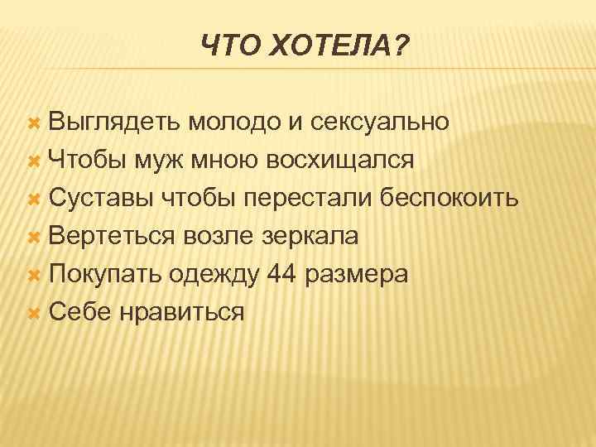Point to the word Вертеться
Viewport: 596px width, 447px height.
pyautogui.click(x=111, y=236)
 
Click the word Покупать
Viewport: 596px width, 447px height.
pyautogui.click(x=104, y=274)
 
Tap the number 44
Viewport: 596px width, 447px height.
pyautogui.click(x=282, y=274)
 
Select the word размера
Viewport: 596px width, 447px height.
pyautogui.click(x=358, y=274)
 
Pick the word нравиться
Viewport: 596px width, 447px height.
pyautogui.click(x=181, y=312)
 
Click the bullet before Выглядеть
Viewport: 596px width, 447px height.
pyautogui.click(x=35, y=123)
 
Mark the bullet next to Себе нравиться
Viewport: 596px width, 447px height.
pyautogui.click(x=35, y=313)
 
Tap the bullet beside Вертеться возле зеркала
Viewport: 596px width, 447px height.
pyautogui.click(x=35, y=237)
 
